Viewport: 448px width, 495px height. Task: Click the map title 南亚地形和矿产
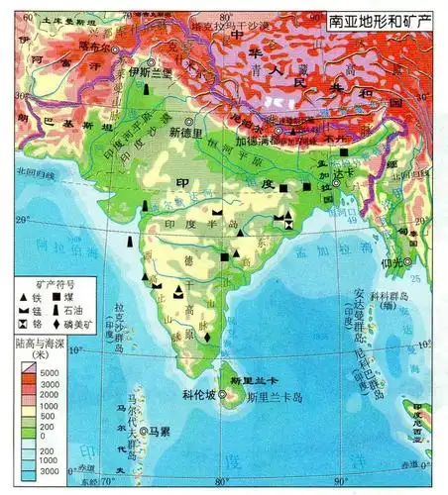point(382,19)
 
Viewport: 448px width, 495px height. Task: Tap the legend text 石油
point(86,310)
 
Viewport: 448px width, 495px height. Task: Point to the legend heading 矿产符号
point(51,283)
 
